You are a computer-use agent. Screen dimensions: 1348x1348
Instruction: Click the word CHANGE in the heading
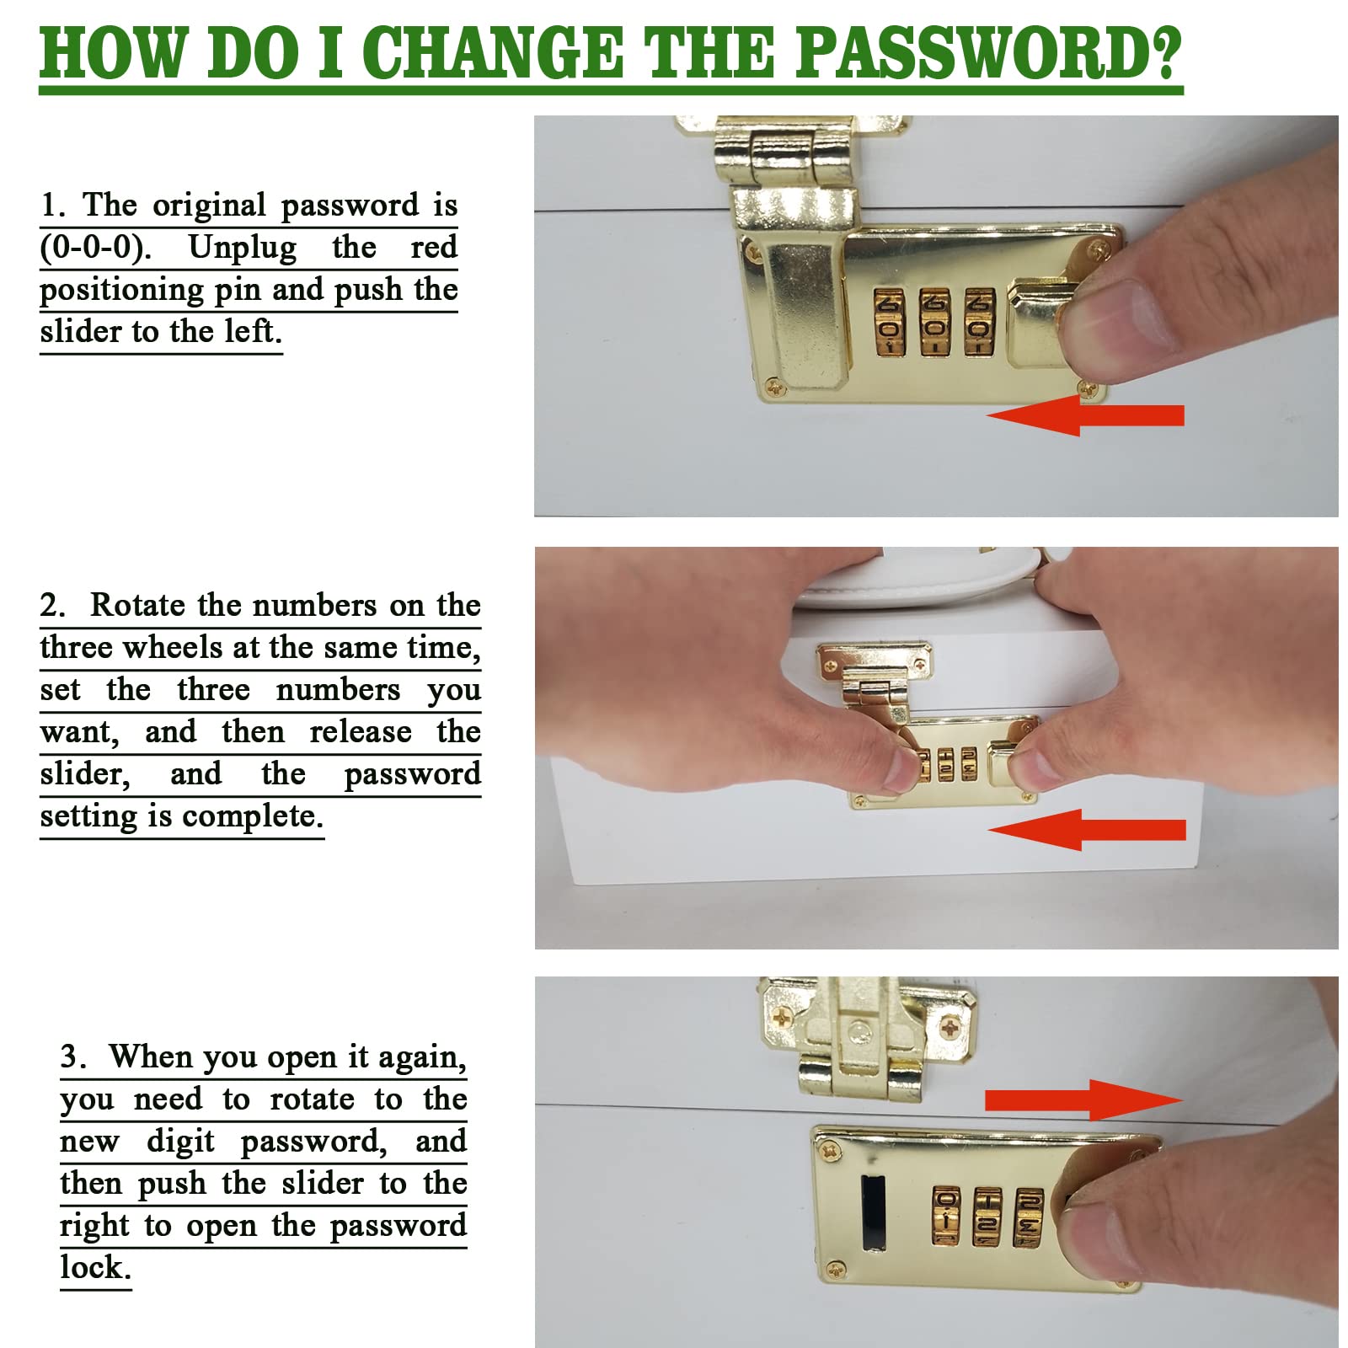click(x=492, y=52)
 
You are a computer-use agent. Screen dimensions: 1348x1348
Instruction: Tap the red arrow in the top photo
click(x=1085, y=415)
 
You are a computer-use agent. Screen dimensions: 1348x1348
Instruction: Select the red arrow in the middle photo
click(x=1087, y=830)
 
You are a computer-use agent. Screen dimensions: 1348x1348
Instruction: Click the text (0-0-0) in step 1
click(x=95, y=247)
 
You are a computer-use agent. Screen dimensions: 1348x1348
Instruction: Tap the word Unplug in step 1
click(x=243, y=248)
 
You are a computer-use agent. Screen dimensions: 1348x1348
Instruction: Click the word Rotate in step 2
click(x=137, y=605)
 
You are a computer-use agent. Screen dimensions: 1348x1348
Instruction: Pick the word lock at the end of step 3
click(x=95, y=1267)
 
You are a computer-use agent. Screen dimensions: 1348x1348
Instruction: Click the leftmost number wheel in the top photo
click(x=889, y=323)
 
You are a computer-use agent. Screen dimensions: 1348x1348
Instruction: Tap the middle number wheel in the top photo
click(x=934, y=323)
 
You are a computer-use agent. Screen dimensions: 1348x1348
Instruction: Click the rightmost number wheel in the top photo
click(x=979, y=323)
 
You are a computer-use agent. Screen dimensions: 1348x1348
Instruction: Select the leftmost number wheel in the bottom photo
click(x=946, y=1216)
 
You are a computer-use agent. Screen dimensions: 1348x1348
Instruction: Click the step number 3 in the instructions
click(x=70, y=1056)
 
